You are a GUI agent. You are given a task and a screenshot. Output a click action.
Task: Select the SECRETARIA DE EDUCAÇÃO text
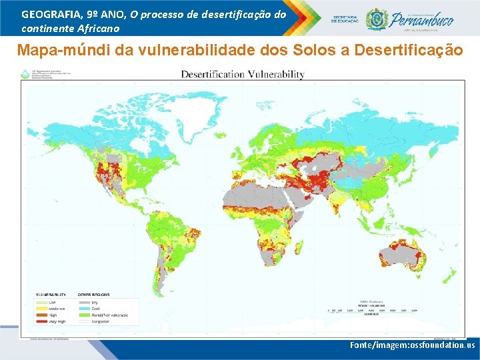point(345,19)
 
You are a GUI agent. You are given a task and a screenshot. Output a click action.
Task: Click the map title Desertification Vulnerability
point(243,75)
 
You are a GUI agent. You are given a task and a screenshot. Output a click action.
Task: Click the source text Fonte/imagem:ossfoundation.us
point(412,345)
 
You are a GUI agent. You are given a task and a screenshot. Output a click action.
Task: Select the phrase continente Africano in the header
point(71,28)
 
